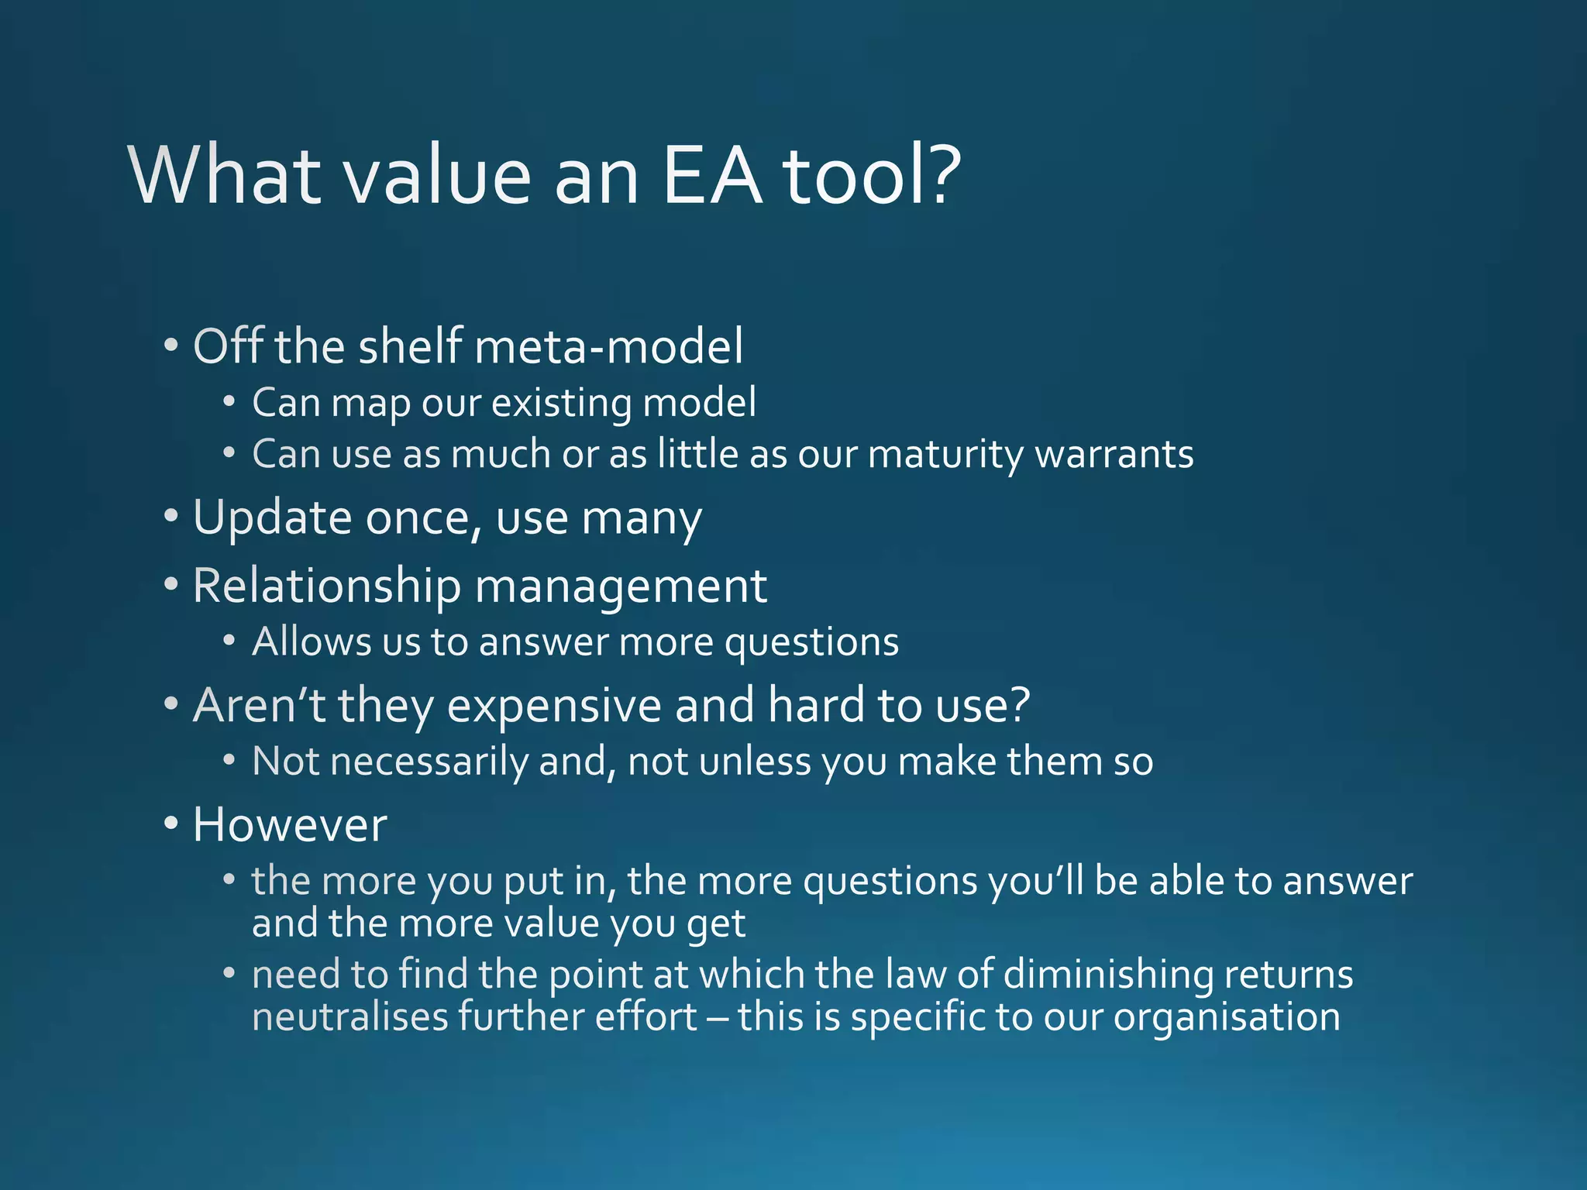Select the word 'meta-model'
coord(609,346)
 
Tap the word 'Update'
coord(272,518)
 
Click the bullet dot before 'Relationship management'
coord(171,584)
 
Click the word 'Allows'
coord(301,642)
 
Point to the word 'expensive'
coord(554,706)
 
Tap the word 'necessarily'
coord(429,762)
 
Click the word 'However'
coord(290,825)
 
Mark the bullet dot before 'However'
coord(171,824)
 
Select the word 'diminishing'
coord(1108,975)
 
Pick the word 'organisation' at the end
coord(1227,1017)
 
